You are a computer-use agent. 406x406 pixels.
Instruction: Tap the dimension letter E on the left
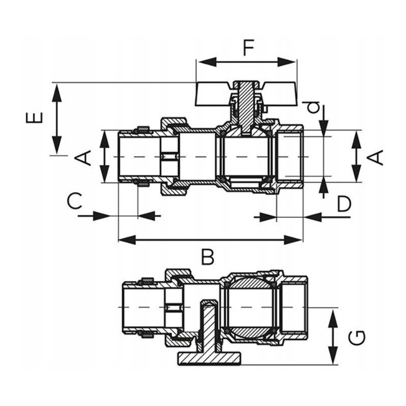click(x=34, y=118)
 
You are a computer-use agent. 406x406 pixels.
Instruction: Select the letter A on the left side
click(x=84, y=157)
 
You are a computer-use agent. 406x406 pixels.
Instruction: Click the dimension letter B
click(x=207, y=258)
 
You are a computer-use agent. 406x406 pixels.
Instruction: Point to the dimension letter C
click(x=75, y=201)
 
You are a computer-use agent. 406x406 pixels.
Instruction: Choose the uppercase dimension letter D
click(x=344, y=204)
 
